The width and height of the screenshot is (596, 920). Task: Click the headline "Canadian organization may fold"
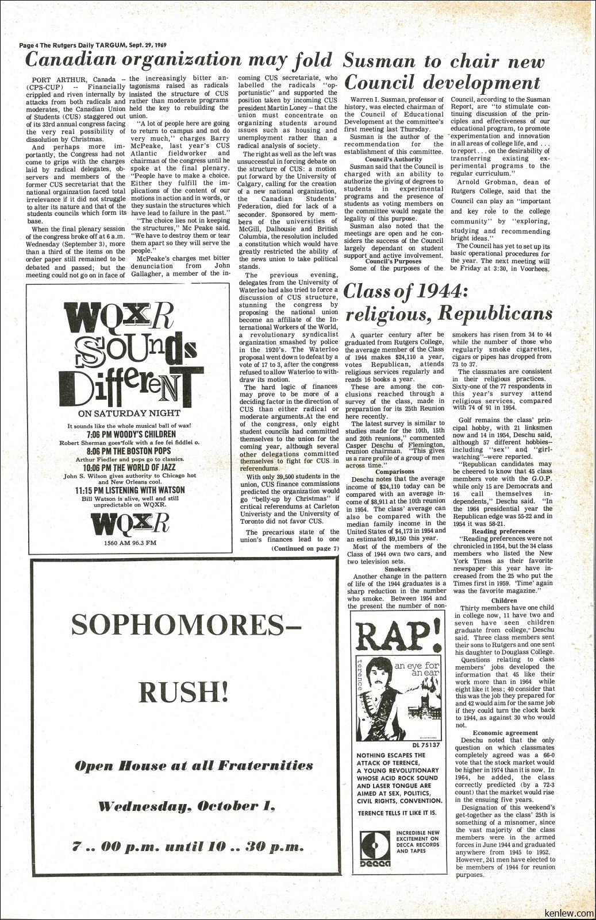click(179, 60)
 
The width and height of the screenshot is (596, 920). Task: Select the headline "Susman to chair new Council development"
click(443, 72)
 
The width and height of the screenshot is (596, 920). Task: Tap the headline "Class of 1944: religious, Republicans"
click(448, 303)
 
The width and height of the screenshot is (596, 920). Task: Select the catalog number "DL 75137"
click(426, 745)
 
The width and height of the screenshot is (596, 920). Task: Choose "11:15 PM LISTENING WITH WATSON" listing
click(130, 490)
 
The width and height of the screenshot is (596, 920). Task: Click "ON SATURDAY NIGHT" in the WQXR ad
click(129, 413)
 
